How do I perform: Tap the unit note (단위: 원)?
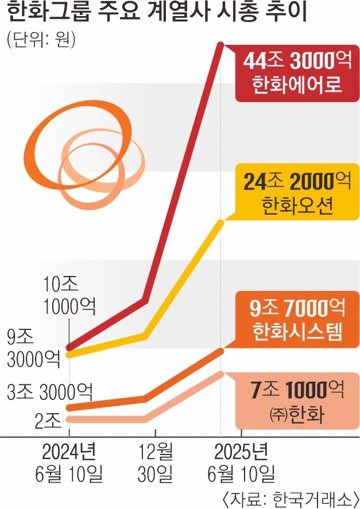41,41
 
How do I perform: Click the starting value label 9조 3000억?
32,347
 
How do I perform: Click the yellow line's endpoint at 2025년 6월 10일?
222,221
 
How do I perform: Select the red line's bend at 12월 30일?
147,299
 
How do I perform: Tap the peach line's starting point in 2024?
69,419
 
